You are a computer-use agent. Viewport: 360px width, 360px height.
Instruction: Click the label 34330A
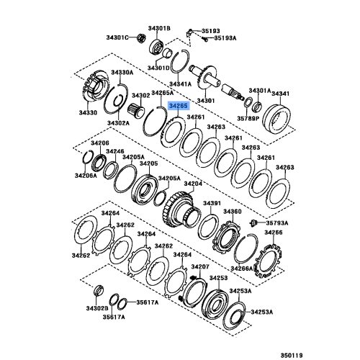122,73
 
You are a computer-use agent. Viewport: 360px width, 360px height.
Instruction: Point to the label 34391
211,203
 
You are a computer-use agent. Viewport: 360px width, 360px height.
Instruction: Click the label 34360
232,212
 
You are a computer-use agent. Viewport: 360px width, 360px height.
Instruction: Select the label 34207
199,266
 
